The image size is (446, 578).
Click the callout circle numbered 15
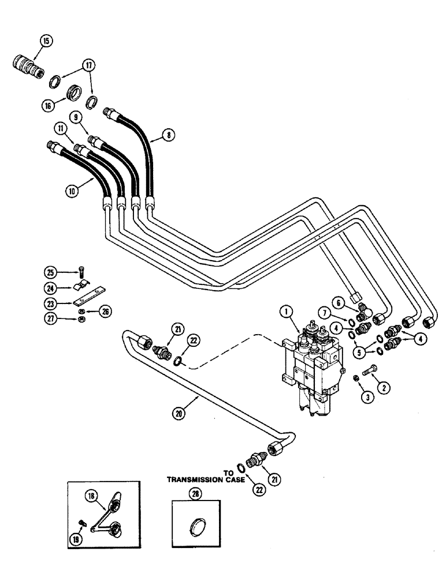pyautogui.click(x=46, y=41)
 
